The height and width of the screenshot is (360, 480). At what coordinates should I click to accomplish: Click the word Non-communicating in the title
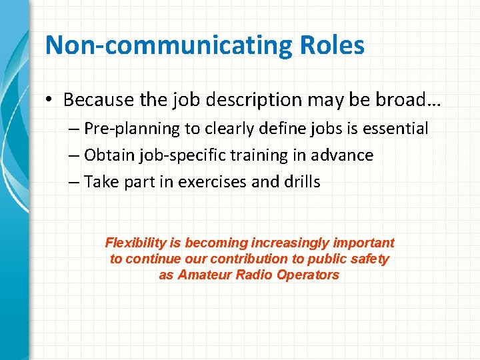[166, 46]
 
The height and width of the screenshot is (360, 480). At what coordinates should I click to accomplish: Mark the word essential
[397, 128]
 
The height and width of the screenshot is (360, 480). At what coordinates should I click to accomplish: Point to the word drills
[301, 182]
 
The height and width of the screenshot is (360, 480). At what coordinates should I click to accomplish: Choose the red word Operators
[309, 275]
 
